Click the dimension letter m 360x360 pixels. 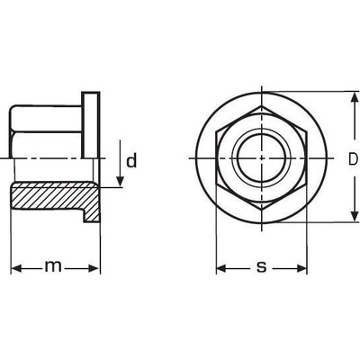click(x=53, y=266)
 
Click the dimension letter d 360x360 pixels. click(x=131, y=160)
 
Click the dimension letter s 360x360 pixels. click(x=262, y=266)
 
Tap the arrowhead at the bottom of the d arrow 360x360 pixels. click(x=120, y=181)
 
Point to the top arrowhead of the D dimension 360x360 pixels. click(x=355, y=97)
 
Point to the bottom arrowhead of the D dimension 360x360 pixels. click(x=355, y=216)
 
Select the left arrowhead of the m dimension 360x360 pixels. click(x=16, y=268)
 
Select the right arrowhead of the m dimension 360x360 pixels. click(x=93, y=268)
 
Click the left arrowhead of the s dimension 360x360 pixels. click(x=221, y=268)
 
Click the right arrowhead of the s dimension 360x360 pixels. click(x=301, y=268)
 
